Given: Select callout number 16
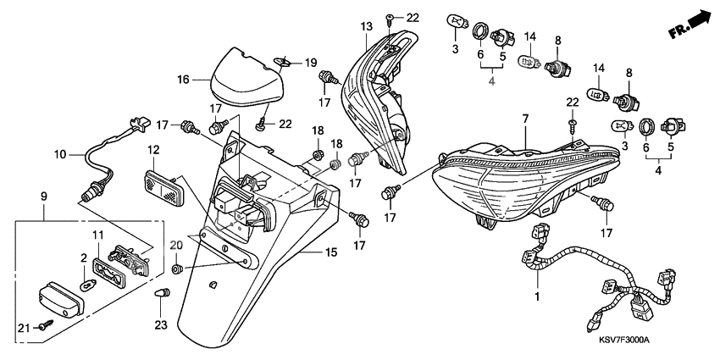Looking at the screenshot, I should click(181, 80).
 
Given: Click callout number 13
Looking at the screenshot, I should click(366, 28).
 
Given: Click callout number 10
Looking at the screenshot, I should click(60, 155).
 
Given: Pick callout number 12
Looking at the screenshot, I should click(154, 150).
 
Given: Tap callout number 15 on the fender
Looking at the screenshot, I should click(331, 252).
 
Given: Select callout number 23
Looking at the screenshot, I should click(162, 325).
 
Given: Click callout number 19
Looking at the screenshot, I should click(310, 62).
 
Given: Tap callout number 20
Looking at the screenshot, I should click(175, 246).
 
